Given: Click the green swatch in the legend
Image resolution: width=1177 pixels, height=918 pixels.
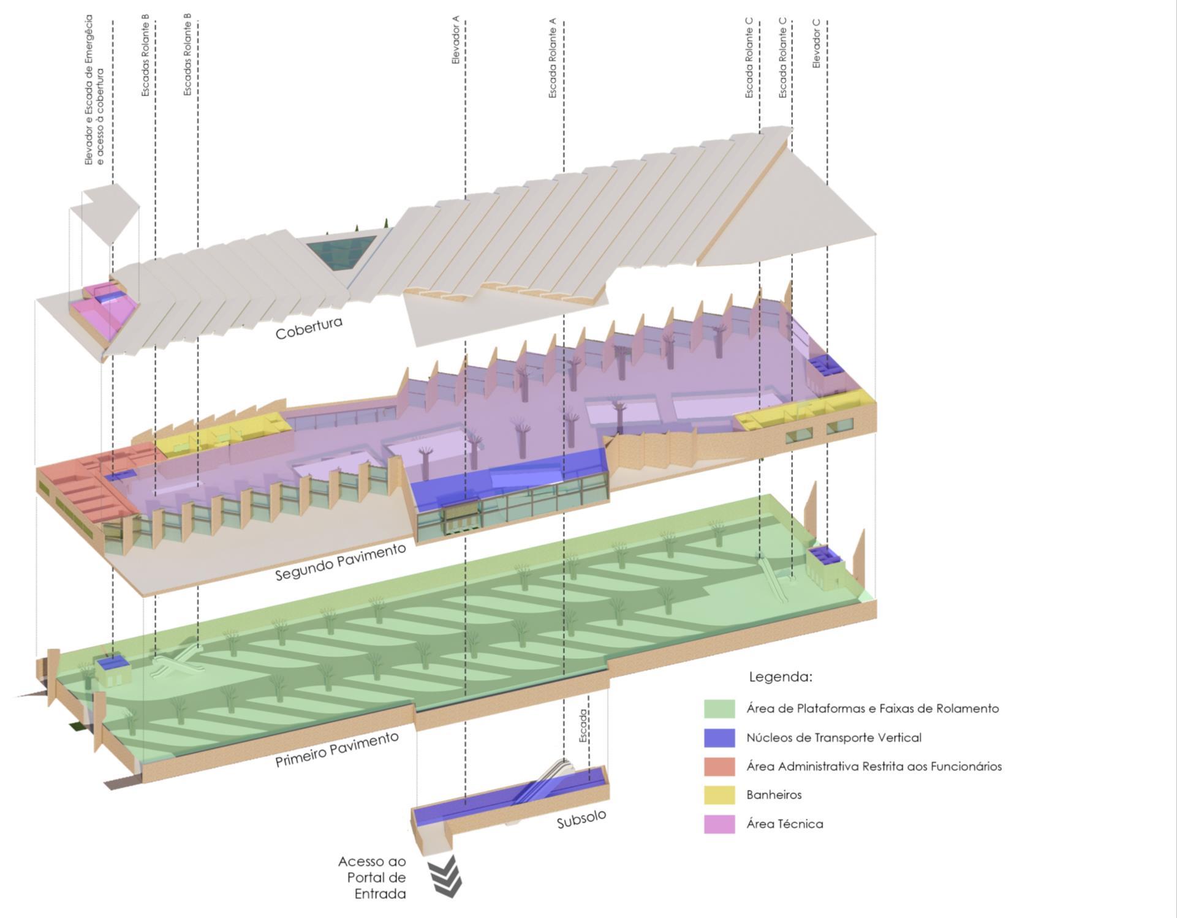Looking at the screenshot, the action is pos(719,709).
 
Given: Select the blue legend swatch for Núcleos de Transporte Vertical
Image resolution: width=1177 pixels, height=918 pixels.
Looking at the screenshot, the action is pos(719,737).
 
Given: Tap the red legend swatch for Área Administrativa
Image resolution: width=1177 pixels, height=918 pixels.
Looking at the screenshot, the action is pos(719,766).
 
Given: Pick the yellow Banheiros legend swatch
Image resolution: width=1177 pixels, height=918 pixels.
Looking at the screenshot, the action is pos(719,795).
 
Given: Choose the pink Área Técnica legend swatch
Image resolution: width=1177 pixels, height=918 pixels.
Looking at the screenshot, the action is pos(719,824).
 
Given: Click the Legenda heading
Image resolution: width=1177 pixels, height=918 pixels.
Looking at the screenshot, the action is pos(780,677).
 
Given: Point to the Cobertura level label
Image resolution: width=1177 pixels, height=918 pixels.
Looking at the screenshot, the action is pos(308,328).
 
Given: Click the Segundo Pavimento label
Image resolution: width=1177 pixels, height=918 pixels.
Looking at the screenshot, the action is pos(340,562).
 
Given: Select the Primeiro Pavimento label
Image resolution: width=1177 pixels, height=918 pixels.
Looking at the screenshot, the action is pos(336,749).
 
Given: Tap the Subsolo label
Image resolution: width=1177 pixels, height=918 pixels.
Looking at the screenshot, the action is pos(581,819).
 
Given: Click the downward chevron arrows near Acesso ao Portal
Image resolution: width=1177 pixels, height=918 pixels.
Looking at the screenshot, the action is pos(446,876).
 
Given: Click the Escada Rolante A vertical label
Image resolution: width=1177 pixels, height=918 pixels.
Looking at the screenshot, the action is pos(552,58).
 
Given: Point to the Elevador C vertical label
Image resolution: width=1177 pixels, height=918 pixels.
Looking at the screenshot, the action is pos(816,43).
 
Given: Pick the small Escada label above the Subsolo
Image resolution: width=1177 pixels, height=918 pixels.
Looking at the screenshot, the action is pos(583,726).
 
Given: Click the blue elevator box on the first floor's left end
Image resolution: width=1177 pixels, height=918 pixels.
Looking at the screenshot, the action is pos(112,662).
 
